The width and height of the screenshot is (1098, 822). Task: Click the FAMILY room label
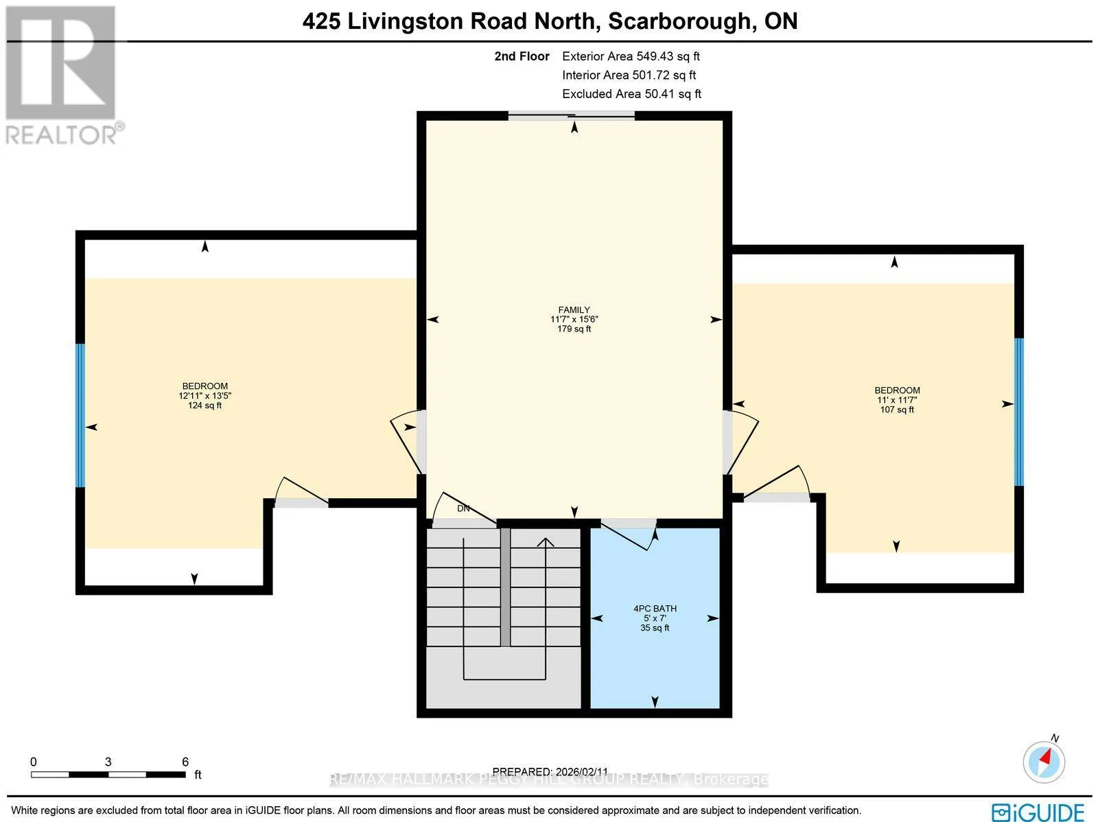pos(574,310)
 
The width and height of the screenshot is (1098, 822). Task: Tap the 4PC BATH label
pos(655,609)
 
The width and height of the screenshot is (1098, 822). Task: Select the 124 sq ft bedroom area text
pos(205,405)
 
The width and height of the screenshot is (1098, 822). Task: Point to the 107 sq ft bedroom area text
pos(897,410)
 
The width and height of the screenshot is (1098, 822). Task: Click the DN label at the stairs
pos(463,508)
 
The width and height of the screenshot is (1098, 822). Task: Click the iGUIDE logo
pos(1038,812)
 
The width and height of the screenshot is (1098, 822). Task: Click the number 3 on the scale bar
pos(108,762)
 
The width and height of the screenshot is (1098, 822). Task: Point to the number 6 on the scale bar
pos(185,762)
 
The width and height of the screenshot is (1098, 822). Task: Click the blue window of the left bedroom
pos(80,415)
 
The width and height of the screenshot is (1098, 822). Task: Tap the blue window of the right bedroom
pos(1018,412)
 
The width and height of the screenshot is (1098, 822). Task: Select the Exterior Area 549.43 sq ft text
pos(631,56)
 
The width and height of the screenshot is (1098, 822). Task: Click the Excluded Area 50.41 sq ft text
pos(631,94)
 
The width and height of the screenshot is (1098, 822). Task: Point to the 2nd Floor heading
pos(522,56)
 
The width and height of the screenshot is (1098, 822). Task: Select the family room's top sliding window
pos(571,116)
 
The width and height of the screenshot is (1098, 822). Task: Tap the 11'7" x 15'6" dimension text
pos(574,320)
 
